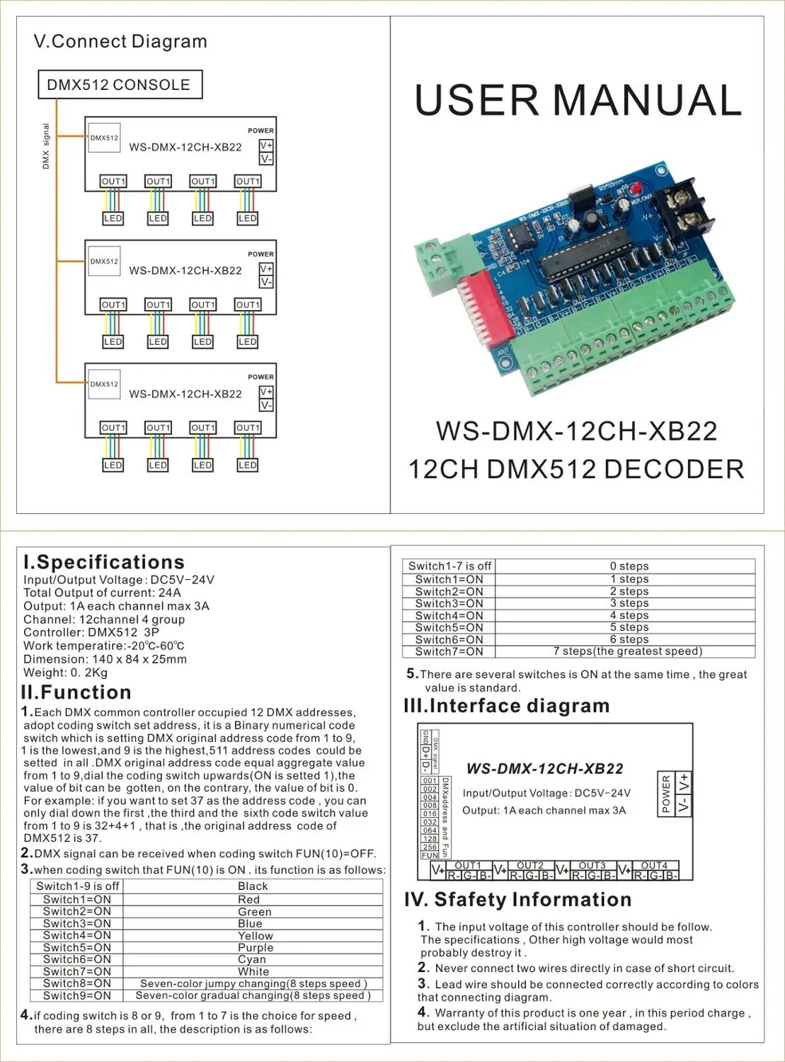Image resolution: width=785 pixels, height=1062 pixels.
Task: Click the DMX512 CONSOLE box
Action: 120,84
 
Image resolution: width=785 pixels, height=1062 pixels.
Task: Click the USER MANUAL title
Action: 578,101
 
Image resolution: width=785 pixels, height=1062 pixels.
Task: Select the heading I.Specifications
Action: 104,562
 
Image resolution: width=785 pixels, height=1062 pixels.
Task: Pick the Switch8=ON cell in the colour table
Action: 77,983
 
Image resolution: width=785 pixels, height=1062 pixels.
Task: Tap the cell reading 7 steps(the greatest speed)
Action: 627,651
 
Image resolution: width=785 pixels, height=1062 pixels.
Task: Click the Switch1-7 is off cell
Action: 449,566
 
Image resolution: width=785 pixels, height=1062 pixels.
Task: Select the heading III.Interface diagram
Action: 506,706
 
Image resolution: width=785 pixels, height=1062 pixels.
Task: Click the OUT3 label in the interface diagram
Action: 592,865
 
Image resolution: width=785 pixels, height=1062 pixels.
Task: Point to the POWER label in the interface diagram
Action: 665,794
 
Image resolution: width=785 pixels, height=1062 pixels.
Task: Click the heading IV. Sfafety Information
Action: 517,899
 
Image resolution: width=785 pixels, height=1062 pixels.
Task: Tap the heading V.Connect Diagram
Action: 120,41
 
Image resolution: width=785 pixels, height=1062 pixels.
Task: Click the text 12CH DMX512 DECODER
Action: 576,469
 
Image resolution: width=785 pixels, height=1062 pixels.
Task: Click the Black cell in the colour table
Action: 253,886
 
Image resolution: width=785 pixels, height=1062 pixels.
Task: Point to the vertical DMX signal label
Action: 46,146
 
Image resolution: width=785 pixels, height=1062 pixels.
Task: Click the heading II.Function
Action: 76,692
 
